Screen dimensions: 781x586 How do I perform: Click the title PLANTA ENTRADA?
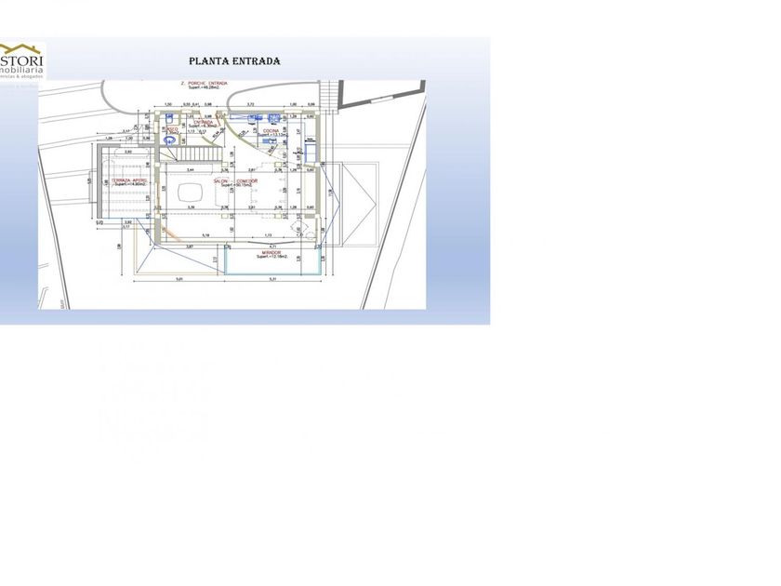(234, 61)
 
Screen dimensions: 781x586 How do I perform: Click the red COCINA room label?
(269, 129)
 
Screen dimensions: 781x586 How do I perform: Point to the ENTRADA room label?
(204, 122)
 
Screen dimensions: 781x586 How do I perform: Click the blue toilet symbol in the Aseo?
(169, 144)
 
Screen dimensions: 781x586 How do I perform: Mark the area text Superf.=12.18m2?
(271, 257)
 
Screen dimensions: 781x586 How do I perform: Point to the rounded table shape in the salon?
(191, 192)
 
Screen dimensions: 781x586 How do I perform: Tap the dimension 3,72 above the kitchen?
(250, 104)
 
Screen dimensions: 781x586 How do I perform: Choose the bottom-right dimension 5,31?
(273, 279)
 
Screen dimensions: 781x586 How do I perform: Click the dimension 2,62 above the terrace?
(128, 151)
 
